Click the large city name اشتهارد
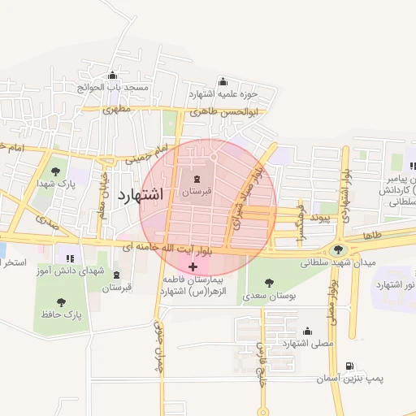click(141, 195)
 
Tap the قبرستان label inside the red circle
click(196, 191)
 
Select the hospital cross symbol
click(193, 266)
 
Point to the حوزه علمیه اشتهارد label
click(223, 93)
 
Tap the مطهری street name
click(117, 109)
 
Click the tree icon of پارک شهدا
click(55, 171)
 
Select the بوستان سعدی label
click(269, 297)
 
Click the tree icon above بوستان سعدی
click(269, 283)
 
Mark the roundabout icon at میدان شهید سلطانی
click(338, 249)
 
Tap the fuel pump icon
click(349, 366)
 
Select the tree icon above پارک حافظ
click(61, 301)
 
